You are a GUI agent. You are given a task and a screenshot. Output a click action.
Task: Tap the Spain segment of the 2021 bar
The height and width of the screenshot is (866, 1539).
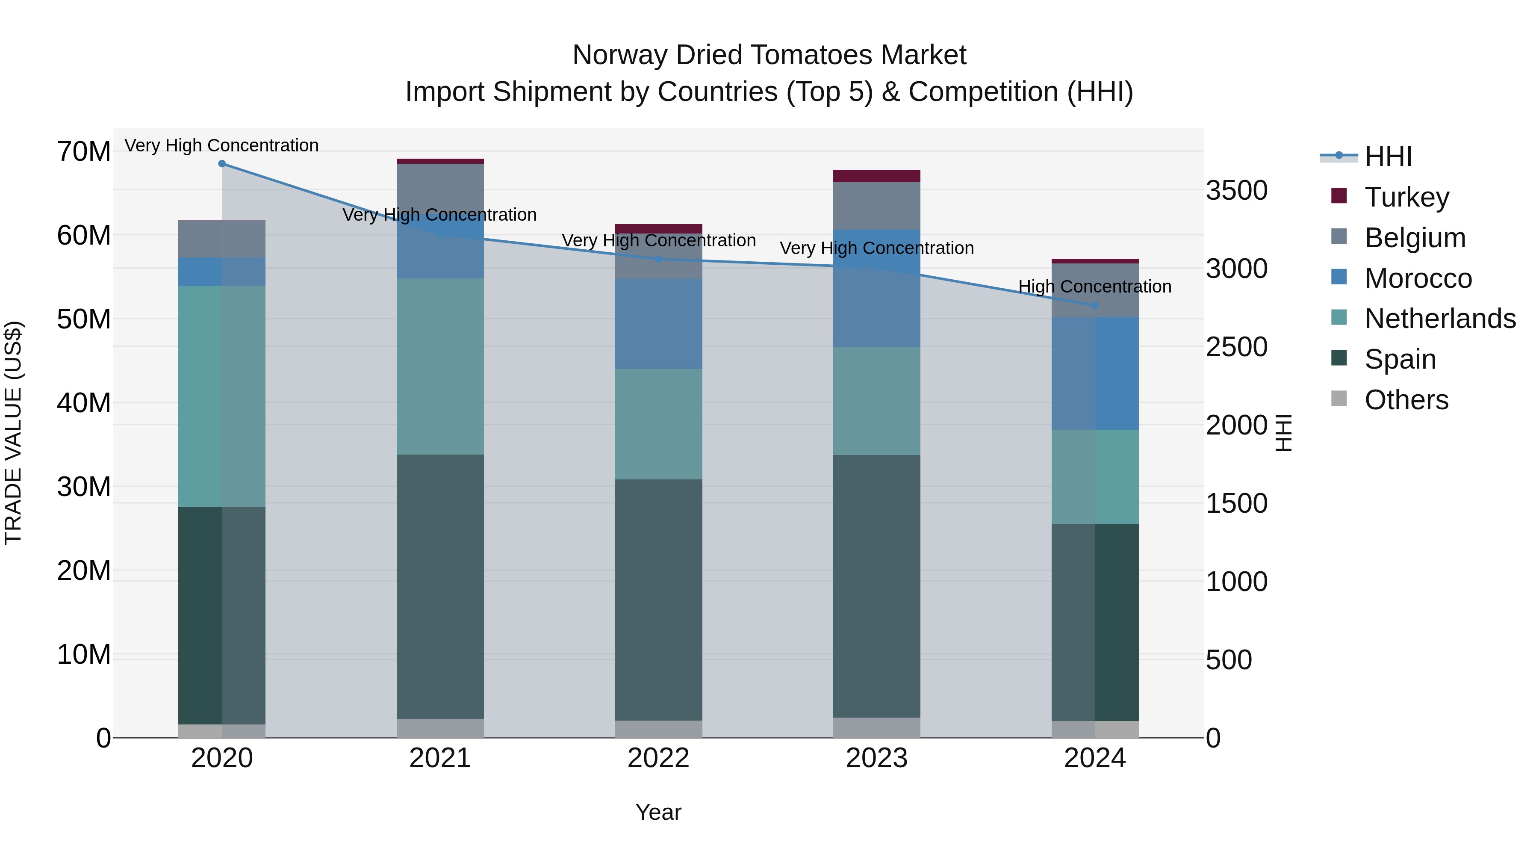click(440, 586)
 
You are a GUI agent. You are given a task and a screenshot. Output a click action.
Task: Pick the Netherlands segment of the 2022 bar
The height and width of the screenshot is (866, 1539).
click(658, 424)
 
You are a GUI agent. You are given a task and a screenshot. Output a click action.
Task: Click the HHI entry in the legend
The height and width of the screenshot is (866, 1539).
click(1388, 157)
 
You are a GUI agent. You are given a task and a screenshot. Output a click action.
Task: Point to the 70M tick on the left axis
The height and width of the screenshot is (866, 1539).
click(84, 151)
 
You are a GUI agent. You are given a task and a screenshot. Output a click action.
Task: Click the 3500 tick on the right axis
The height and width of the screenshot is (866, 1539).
click(1236, 191)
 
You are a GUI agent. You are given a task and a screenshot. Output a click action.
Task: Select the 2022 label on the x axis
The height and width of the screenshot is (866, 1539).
click(658, 758)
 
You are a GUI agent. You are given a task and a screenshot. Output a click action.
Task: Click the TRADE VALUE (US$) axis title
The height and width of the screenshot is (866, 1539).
click(14, 433)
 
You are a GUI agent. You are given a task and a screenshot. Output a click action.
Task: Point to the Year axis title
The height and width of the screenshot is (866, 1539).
click(658, 812)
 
